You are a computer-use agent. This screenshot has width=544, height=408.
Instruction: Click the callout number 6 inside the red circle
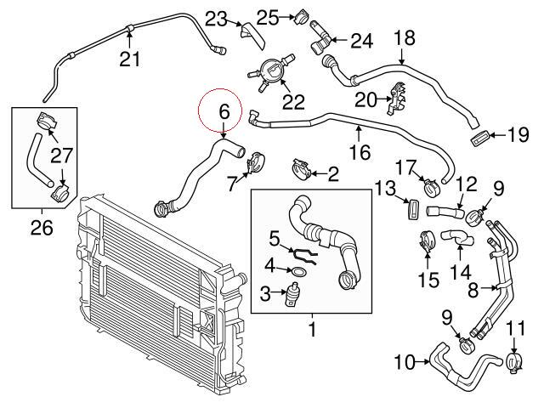pyautogui.click(x=224, y=110)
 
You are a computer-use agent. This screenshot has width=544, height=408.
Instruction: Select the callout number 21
pyautogui.click(x=129, y=59)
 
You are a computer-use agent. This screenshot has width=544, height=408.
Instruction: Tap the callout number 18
pyautogui.click(x=405, y=37)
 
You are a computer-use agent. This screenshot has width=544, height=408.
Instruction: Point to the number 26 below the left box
pyautogui.click(x=41, y=227)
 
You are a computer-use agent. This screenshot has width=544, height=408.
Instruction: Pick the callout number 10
pyautogui.click(x=405, y=363)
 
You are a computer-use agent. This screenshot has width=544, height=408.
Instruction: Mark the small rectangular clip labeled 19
pyautogui.click(x=480, y=136)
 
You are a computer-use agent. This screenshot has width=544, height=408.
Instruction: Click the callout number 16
pyautogui.click(x=360, y=152)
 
